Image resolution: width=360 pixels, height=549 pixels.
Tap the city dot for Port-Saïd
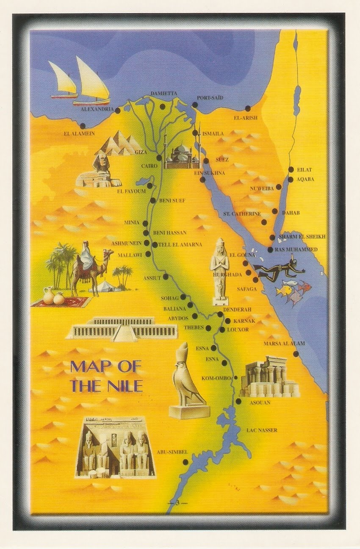pyautogui.click(x=194, y=105)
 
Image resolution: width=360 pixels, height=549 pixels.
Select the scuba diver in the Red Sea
pyautogui.click(x=280, y=269)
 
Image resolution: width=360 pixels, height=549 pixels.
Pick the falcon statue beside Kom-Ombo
pyautogui.click(x=186, y=381)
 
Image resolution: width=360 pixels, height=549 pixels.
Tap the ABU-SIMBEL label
pyautogui.click(x=172, y=452)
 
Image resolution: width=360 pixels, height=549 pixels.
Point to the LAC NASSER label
pyautogui.click(x=262, y=430)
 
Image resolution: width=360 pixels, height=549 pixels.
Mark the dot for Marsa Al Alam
pyautogui.click(x=296, y=354)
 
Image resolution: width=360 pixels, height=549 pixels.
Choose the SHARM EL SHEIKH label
pyautogui.click(x=302, y=237)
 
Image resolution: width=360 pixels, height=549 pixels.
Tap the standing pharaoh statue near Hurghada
pyautogui.click(x=219, y=271)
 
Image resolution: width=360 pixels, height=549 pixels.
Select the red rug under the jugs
pyautogui.click(x=61, y=302)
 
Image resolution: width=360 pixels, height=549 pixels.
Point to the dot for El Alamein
pyautogui.click(x=82, y=126)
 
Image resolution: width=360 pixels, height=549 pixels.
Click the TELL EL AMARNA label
pyautogui.click(x=180, y=245)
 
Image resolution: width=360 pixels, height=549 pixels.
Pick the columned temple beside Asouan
pyautogui.click(x=269, y=377)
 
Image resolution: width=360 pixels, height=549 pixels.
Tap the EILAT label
pyautogui.click(x=305, y=169)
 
